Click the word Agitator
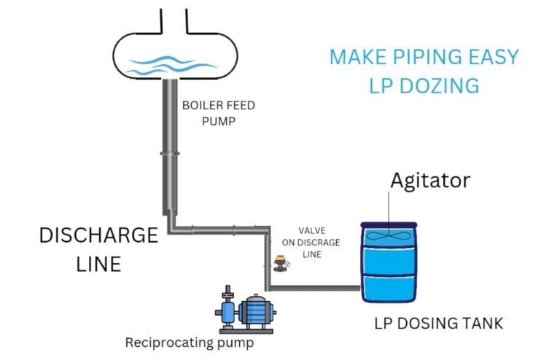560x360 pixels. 430,179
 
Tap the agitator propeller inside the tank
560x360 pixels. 389,237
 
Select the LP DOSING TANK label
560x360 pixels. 438,323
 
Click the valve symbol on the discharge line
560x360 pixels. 279,262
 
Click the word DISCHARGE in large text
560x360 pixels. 98,235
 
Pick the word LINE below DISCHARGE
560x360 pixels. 98,263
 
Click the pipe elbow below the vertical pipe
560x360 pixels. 172,226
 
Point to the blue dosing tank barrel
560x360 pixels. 389,266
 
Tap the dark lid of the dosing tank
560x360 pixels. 389,224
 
